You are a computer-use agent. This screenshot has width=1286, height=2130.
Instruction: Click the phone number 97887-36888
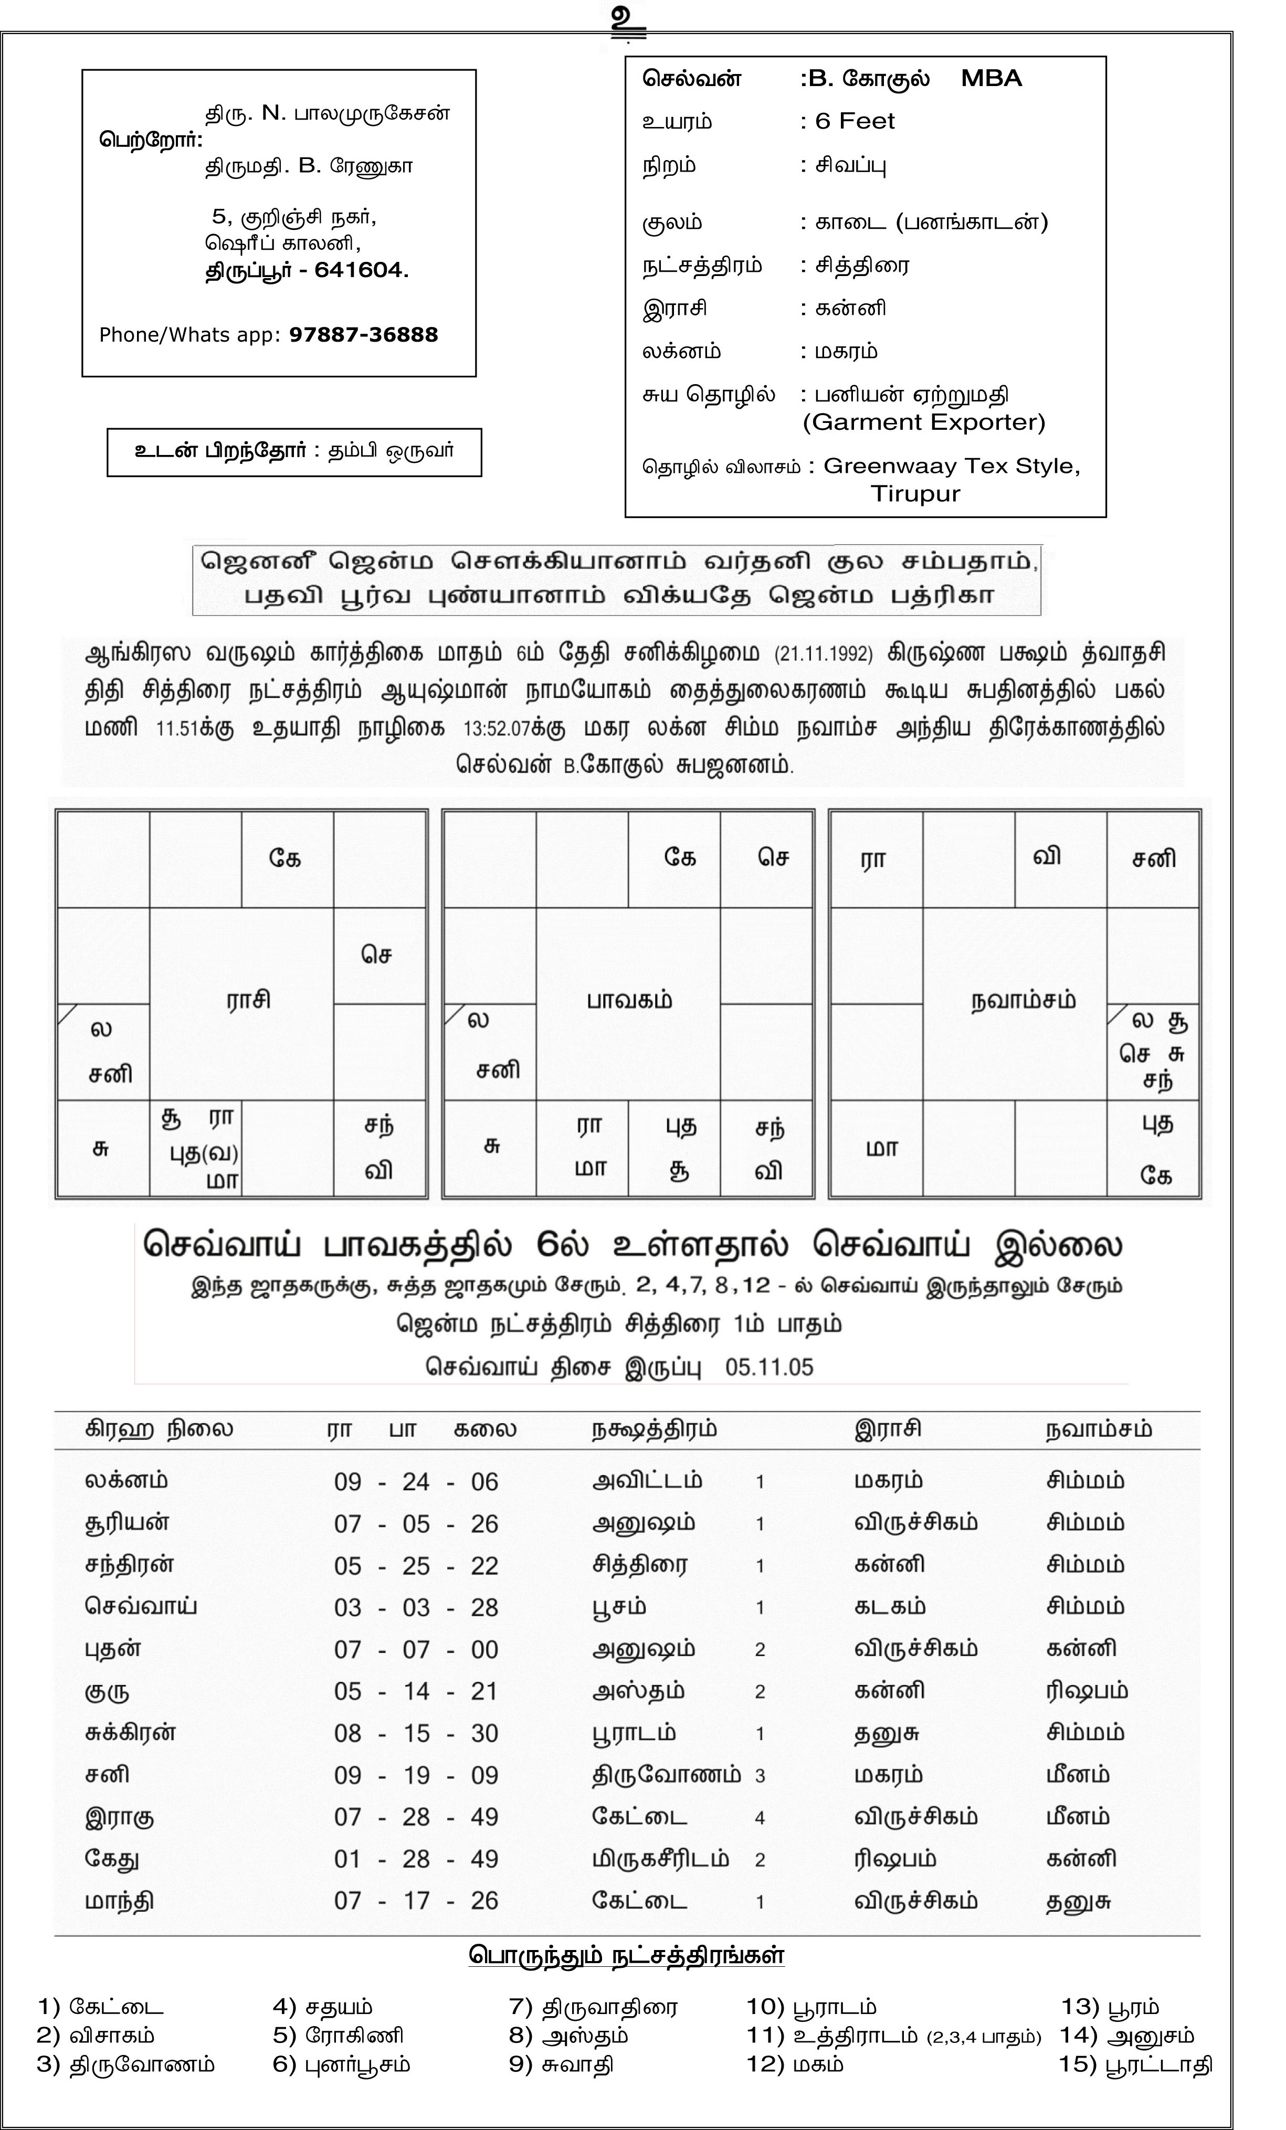coord(363,335)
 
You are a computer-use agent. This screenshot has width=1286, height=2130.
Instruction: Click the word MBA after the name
coord(991,79)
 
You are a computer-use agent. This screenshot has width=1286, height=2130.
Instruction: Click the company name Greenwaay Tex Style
coord(951,466)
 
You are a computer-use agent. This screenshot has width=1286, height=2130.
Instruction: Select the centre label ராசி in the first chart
coord(248,1000)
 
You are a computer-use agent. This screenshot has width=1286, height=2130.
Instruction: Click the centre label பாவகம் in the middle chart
coord(629,1000)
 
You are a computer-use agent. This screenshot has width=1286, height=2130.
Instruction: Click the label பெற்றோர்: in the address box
coord(151,139)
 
